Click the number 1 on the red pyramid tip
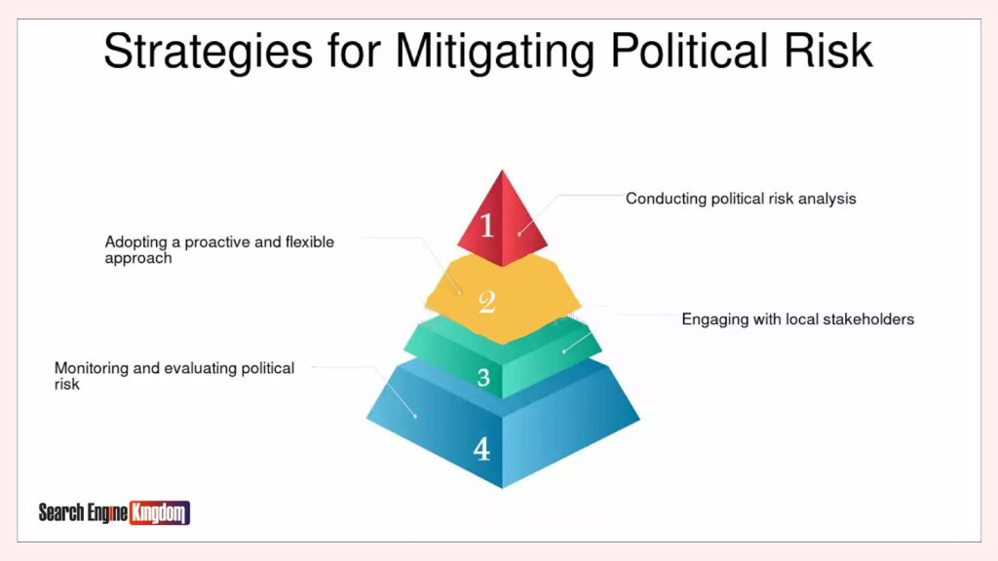click(487, 225)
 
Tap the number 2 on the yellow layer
click(487, 302)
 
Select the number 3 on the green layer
click(483, 377)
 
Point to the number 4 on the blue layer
click(481, 449)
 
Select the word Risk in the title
click(828, 51)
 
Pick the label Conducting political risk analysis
click(741, 199)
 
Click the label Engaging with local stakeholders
click(797, 319)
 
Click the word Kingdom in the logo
click(159, 512)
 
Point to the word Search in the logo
click(61, 512)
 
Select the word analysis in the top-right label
click(827, 199)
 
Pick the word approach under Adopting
click(138, 259)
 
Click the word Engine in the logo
click(107, 512)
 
